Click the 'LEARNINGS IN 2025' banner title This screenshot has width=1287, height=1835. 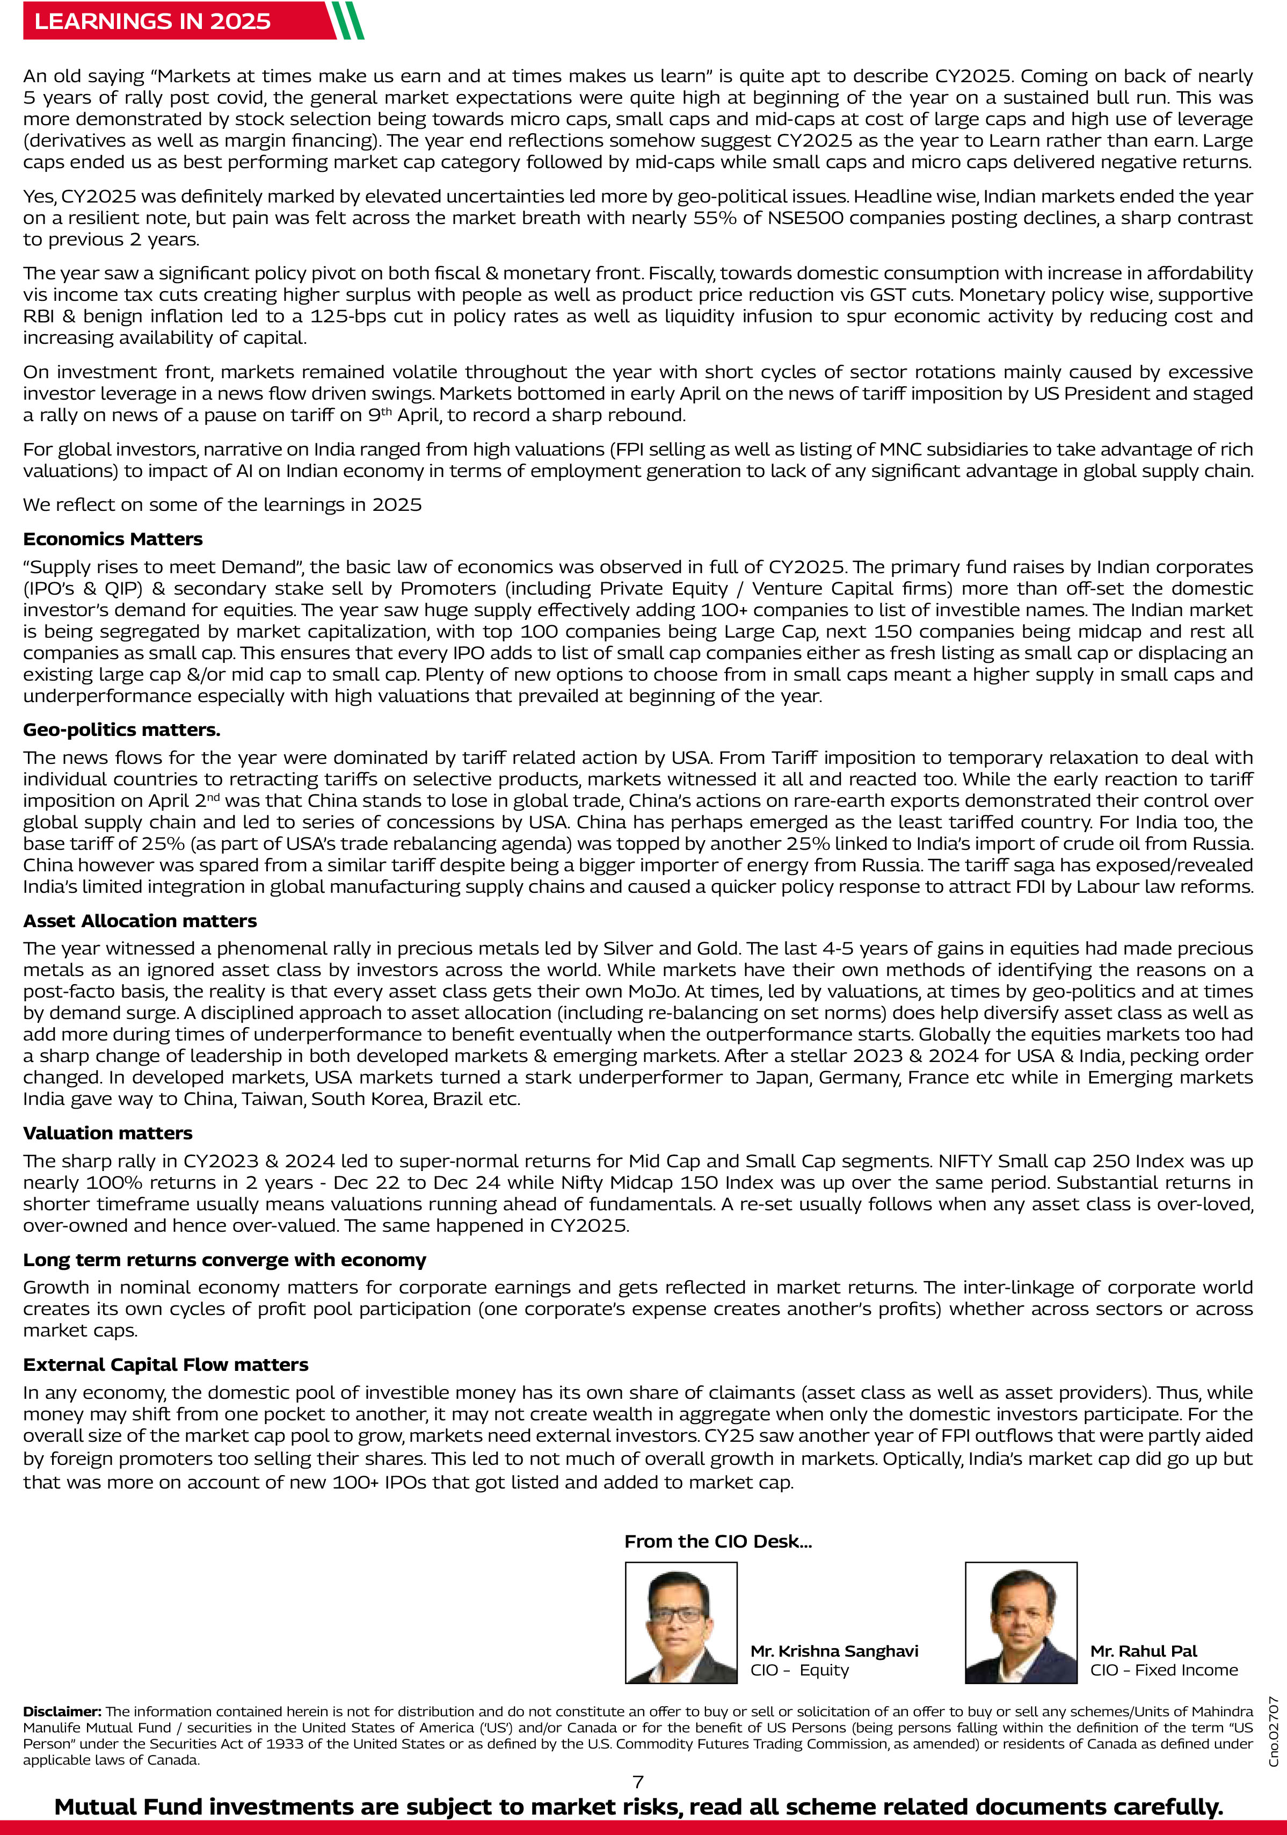click(x=152, y=21)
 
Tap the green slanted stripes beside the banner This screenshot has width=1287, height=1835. click(x=347, y=21)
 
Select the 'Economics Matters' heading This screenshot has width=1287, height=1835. click(x=113, y=539)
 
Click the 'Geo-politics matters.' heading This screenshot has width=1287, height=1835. click(x=121, y=729)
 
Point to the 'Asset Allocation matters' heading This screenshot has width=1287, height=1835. click(x=140, y=921)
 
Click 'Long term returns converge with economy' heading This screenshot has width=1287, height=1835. click(x=224, y=1260)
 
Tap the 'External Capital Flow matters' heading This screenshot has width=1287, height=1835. click(x=165, y=1364)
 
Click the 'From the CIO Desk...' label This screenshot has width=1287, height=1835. click(x=717, y=1542)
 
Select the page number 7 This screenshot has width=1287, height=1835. click(x=637, y=1781)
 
